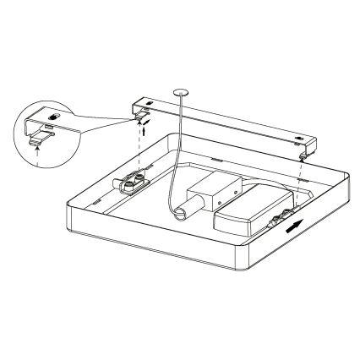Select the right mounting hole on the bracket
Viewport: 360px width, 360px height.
(301, 138)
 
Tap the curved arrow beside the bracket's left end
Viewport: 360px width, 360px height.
(145, 122)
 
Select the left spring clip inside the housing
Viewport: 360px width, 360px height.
(134, 182)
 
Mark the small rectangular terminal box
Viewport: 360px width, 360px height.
(207, 193)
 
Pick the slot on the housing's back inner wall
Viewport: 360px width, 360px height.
(213, 158)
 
